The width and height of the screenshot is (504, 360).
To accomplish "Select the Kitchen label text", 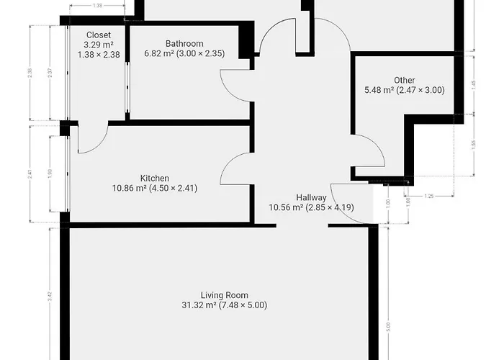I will [x=155, y=179].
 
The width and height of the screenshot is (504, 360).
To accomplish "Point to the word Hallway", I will [x=311, y=198].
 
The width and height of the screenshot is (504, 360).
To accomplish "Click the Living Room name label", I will [x=225, y=295].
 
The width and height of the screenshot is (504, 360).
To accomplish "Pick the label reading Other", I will [x=404, y=80].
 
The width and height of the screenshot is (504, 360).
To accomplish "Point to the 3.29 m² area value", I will [x=98, y=44].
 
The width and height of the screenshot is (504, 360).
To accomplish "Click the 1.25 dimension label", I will [x=430, y=196].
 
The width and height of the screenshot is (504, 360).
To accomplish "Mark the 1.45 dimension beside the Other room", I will [x=473, y=84].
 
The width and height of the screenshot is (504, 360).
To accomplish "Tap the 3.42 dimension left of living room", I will [x=49, y=295].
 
